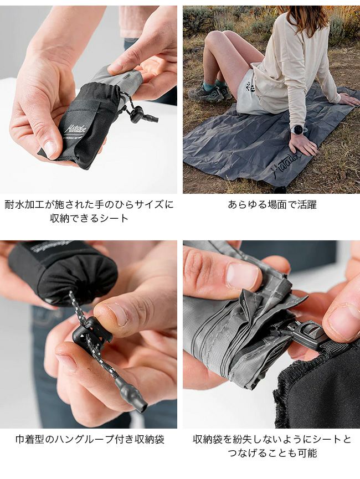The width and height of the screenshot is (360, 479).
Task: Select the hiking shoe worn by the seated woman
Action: click(x=210, y=92)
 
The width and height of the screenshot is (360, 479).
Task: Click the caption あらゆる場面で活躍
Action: click(x=272, y=204)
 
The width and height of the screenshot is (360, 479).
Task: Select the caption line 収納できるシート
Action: click(x=89, y=218)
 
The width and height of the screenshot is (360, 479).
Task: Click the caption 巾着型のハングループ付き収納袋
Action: click(x=90, y=439)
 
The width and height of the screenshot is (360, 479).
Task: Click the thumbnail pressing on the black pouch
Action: click(x=50, y=149)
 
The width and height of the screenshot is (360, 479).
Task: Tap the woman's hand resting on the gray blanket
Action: click(x=303, y=145)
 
